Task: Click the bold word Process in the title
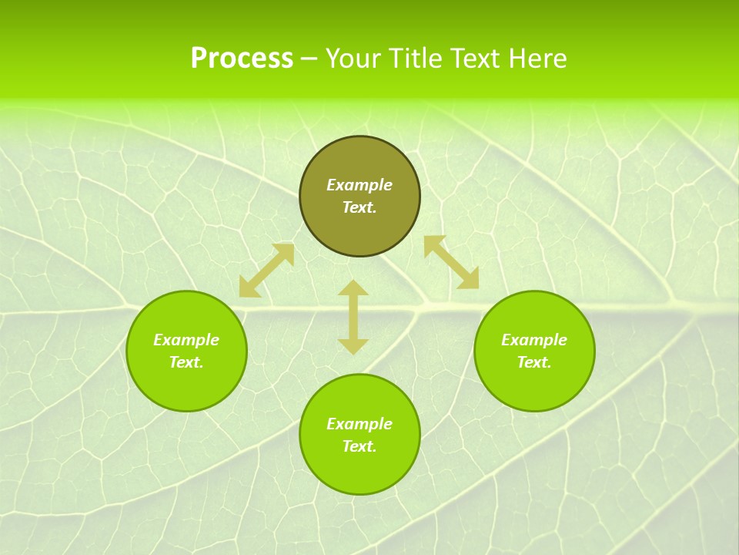click(x=242, y=59)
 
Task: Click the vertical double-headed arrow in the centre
click(x=353, y=318)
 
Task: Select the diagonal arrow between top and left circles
click(x=266, y=271)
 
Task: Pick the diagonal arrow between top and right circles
click(x=452, y=262)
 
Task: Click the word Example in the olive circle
click(x=359, y=185)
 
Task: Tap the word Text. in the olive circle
click(x=359, y=207)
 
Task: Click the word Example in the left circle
click(x=186, y=340)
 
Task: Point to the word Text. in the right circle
click(x=534, y=362)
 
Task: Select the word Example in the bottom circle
click(x=359, y=424)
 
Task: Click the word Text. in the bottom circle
click(x=359, y=446)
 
